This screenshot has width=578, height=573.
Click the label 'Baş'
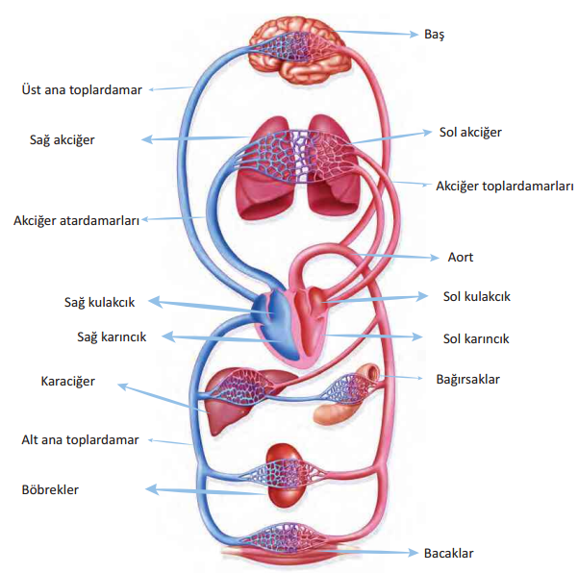pyautogui.click(x=435, y=34)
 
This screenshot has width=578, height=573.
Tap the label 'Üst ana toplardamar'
pyautogui.click(x=82, y=89)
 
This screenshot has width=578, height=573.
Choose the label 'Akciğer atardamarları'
pyautogui.click(x=77, y=218)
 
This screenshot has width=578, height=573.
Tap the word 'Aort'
pyautogui.click(x=461, y=258)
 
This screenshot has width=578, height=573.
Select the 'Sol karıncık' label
pyautogui.click(x=476, y=338)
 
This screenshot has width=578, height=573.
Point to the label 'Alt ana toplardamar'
pyautogui.click(x=81, y=439)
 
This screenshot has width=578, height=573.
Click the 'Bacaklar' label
pyautogui.click(x=449, y=553)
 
